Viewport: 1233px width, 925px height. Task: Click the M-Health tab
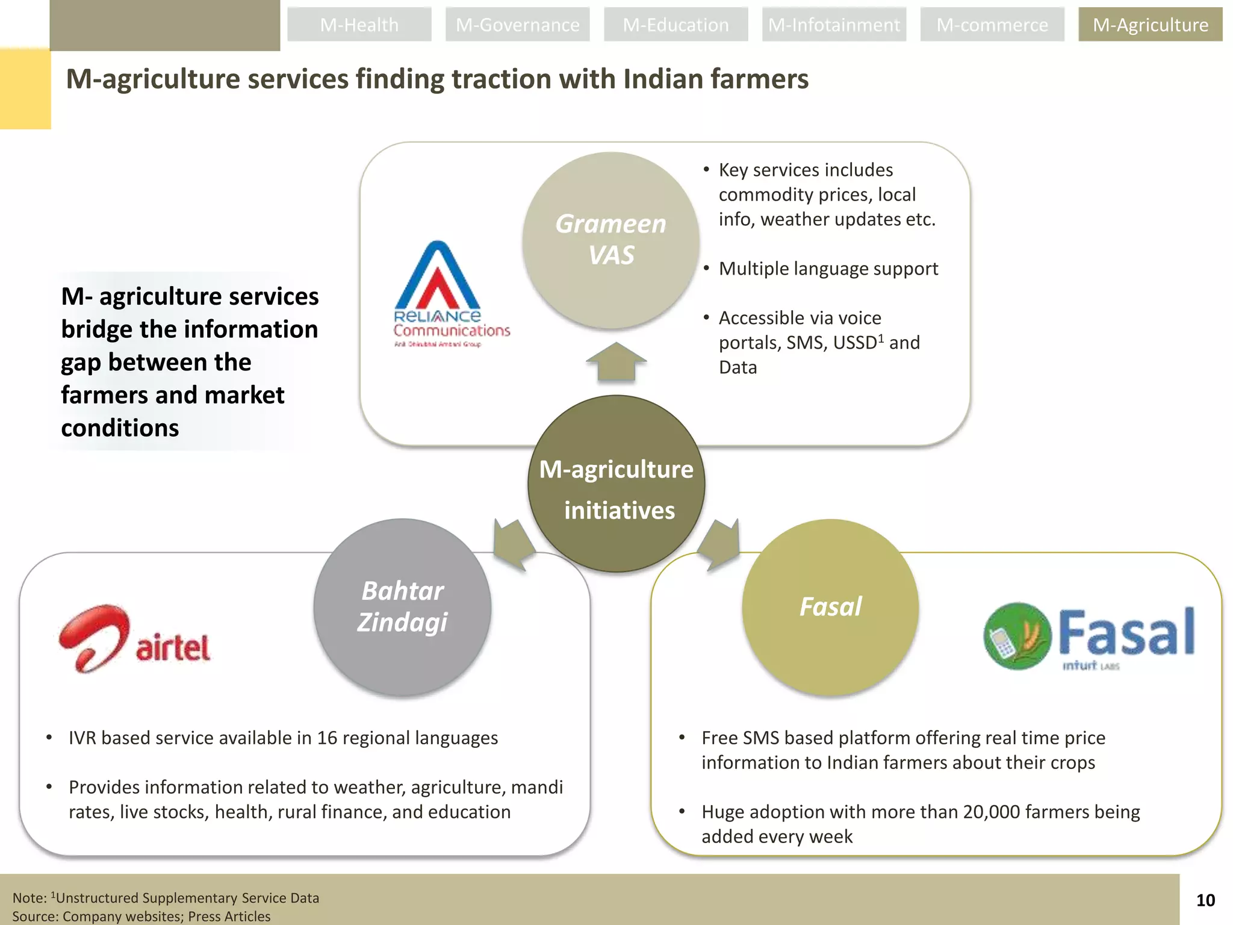pyautogui.click(x=359, y=25)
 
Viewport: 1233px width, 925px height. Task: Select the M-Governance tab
pyautogui.click(x=517, y=25)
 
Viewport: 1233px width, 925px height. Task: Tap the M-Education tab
pyautogui.click(x=676, y=25)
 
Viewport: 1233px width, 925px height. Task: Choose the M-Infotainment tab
pyautogui.click(x=834, y=25)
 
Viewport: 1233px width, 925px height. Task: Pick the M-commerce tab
pyautogui.click(x=992, y=25)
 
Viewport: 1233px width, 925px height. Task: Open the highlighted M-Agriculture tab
pyautogui.click(x=1150, y=25)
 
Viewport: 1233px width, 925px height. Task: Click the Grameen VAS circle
pyautogui.click(x=610, y=240)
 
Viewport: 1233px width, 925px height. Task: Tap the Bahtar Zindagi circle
pyautogui.click(x=402, y=607)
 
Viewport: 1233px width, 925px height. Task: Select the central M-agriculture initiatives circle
pyautogui.click(x=616, y=484)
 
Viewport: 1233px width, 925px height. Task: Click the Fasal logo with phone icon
pyautogui.click(x=1089, y=636)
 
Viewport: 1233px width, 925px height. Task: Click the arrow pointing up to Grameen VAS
pyautogui.click(x=616, y=361)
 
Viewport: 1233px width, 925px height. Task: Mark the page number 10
pyautogui.click(x=1205, y=900)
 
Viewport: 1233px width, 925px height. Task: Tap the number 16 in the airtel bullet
pyautogui.click(x=327, y=738)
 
